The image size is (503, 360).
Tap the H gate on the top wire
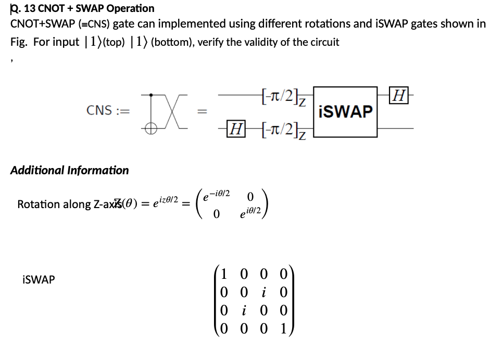click(400, 96)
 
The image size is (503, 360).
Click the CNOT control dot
click(150, 95)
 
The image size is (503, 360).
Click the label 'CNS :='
click(108, 110)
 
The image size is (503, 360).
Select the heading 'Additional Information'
click(69, 170)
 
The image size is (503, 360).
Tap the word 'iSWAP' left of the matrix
click(39, 280)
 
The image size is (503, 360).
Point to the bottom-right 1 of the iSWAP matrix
click(282, 329)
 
